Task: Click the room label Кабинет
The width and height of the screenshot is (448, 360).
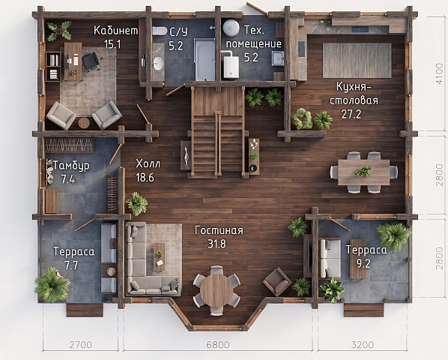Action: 115,30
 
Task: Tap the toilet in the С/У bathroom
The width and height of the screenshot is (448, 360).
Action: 160,31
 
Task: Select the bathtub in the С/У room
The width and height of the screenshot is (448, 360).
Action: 205,59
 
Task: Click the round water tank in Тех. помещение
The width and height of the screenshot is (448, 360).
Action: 231,28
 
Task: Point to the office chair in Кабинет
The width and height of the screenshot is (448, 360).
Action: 91,61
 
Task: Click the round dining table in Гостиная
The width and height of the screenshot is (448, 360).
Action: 217,290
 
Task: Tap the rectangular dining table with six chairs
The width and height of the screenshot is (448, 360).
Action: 363,172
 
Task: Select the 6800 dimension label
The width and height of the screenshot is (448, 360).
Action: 218,345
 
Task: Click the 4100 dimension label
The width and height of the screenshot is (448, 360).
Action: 439,73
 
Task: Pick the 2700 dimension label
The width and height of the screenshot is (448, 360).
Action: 81,345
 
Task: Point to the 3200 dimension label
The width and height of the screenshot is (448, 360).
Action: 363,345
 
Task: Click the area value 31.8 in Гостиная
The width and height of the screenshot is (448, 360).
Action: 217,244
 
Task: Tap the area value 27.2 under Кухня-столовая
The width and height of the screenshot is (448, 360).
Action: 351,114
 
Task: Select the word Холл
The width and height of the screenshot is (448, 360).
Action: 148,163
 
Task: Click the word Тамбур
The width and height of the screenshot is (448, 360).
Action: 71,166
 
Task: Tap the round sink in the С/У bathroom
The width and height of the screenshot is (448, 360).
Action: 158,63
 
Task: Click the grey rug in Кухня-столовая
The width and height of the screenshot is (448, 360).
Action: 357,60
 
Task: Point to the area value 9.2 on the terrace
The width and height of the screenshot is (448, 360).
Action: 363,264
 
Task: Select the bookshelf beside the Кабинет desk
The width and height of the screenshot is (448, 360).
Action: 53,67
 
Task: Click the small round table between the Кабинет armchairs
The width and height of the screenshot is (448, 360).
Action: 84,123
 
